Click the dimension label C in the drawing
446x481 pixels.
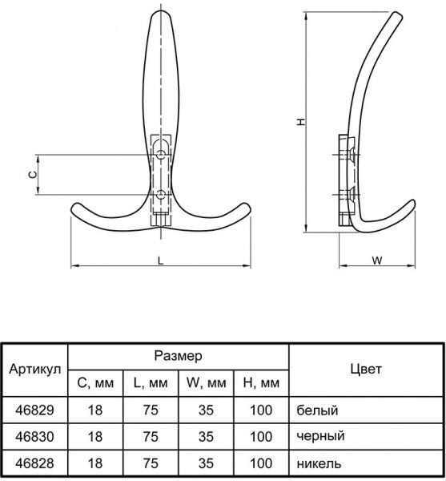coord(32,175)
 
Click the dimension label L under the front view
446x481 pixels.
coord(160,261)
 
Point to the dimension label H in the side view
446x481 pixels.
coord(301,122)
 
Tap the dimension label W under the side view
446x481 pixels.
coord(377,261)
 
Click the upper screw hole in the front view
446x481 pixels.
coord(161,155)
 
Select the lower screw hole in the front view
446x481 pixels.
coord(161,195)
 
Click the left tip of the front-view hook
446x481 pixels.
coord(72,208)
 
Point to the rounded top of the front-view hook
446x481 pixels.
coord(161,11)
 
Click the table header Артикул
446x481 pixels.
coord(35,369)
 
